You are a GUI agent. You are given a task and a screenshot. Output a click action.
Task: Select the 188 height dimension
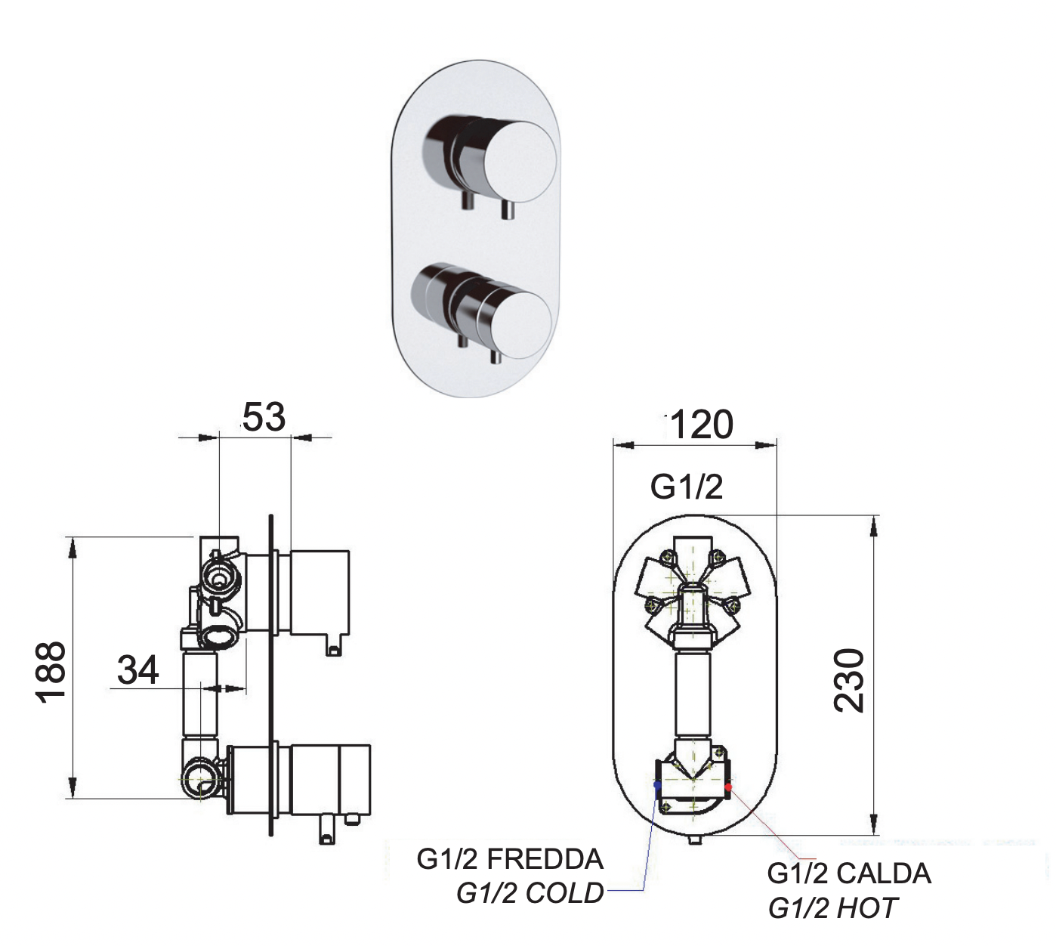point(52,672)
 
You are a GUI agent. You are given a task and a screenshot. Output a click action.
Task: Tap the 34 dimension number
point(138,669)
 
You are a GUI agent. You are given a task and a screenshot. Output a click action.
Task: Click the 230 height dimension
point(849,679)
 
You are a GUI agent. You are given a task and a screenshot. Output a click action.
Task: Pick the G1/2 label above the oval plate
point(687,487)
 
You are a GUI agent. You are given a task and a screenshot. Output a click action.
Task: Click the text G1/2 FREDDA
point(510,859)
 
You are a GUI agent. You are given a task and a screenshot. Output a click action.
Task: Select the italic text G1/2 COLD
point(530,893)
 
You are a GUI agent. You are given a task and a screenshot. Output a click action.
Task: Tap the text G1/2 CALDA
point(849,873)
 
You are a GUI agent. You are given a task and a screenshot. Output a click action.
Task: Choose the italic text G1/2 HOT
point(832,907)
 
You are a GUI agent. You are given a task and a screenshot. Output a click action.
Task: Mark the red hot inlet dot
point(728,787)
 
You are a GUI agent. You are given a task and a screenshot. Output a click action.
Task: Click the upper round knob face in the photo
point(520,160)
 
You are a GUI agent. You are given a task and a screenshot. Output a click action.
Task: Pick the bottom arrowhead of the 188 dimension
point(73,789)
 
